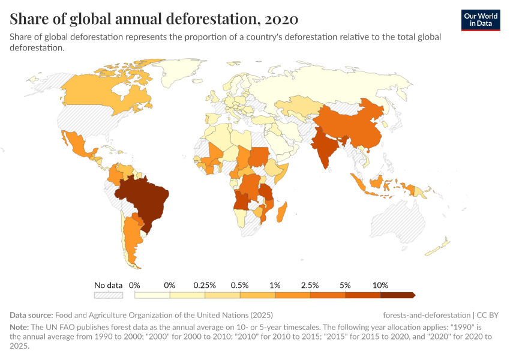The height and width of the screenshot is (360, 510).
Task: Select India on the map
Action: pos(324,150)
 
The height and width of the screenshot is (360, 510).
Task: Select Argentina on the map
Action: pos(128,240)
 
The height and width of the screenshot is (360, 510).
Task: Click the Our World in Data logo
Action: pos(481,20)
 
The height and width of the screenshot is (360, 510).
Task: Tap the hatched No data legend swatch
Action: pos(109,295)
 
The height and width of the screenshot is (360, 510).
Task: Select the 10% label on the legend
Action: pos(380,285)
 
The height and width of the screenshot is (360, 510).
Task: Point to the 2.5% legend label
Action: pos(310,285)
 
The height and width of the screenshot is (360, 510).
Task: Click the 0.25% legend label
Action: pos(205,285)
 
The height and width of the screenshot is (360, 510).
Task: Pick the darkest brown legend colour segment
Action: pos(397,295)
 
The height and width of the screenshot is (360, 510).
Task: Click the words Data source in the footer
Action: pos(31,315)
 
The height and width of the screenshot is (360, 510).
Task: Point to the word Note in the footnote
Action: pos(20,328)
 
